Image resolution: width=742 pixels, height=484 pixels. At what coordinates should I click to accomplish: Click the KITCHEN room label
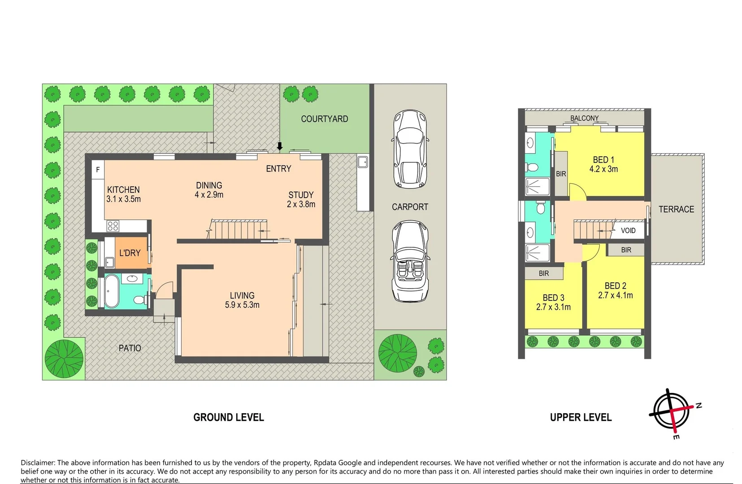123,190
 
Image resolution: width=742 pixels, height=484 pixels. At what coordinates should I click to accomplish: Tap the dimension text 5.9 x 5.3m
242,305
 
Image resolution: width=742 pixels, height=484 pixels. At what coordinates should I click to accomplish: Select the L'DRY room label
130,253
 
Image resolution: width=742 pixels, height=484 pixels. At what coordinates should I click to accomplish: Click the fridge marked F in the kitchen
98,170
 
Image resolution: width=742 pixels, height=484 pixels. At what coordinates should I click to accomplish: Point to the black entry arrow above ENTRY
280,146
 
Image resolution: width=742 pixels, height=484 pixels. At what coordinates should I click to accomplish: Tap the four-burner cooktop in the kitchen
113,226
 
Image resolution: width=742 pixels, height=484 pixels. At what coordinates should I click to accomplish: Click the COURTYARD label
324,119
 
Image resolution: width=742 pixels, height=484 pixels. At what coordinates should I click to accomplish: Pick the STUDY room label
301,195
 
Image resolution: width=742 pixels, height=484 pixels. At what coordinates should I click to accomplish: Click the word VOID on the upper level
628,231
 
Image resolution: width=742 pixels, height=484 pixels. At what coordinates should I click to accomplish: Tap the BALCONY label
584,118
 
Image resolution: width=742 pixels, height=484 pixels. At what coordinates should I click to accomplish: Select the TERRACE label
676,209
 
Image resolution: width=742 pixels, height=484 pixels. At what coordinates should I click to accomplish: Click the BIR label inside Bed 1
561,174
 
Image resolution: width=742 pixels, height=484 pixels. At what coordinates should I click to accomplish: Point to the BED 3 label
553,298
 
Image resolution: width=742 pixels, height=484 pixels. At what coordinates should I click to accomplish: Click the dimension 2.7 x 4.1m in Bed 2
615,295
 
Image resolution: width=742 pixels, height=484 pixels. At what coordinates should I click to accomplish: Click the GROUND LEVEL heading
229,417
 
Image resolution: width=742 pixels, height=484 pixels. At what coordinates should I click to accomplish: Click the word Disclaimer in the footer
38,463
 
